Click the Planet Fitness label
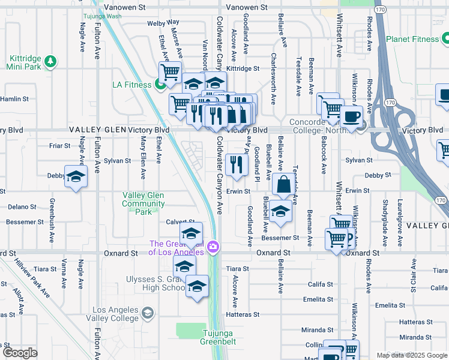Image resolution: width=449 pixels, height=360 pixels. click(412, 39)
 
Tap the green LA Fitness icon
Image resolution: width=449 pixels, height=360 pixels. click(160, 85)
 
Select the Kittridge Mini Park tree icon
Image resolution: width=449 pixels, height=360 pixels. click(51, 61)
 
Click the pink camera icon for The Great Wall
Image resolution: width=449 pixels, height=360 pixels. click(212, 247)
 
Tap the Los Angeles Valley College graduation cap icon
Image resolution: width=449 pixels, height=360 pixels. click(147, 313)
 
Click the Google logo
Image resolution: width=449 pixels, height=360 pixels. click(20, 353)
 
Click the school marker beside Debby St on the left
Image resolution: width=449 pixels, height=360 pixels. click(76, 176)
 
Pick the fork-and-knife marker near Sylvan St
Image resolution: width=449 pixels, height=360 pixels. click(237, 164)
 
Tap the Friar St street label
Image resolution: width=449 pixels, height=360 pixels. click(60, 146)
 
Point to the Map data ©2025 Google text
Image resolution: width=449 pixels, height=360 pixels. click(411, 355)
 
